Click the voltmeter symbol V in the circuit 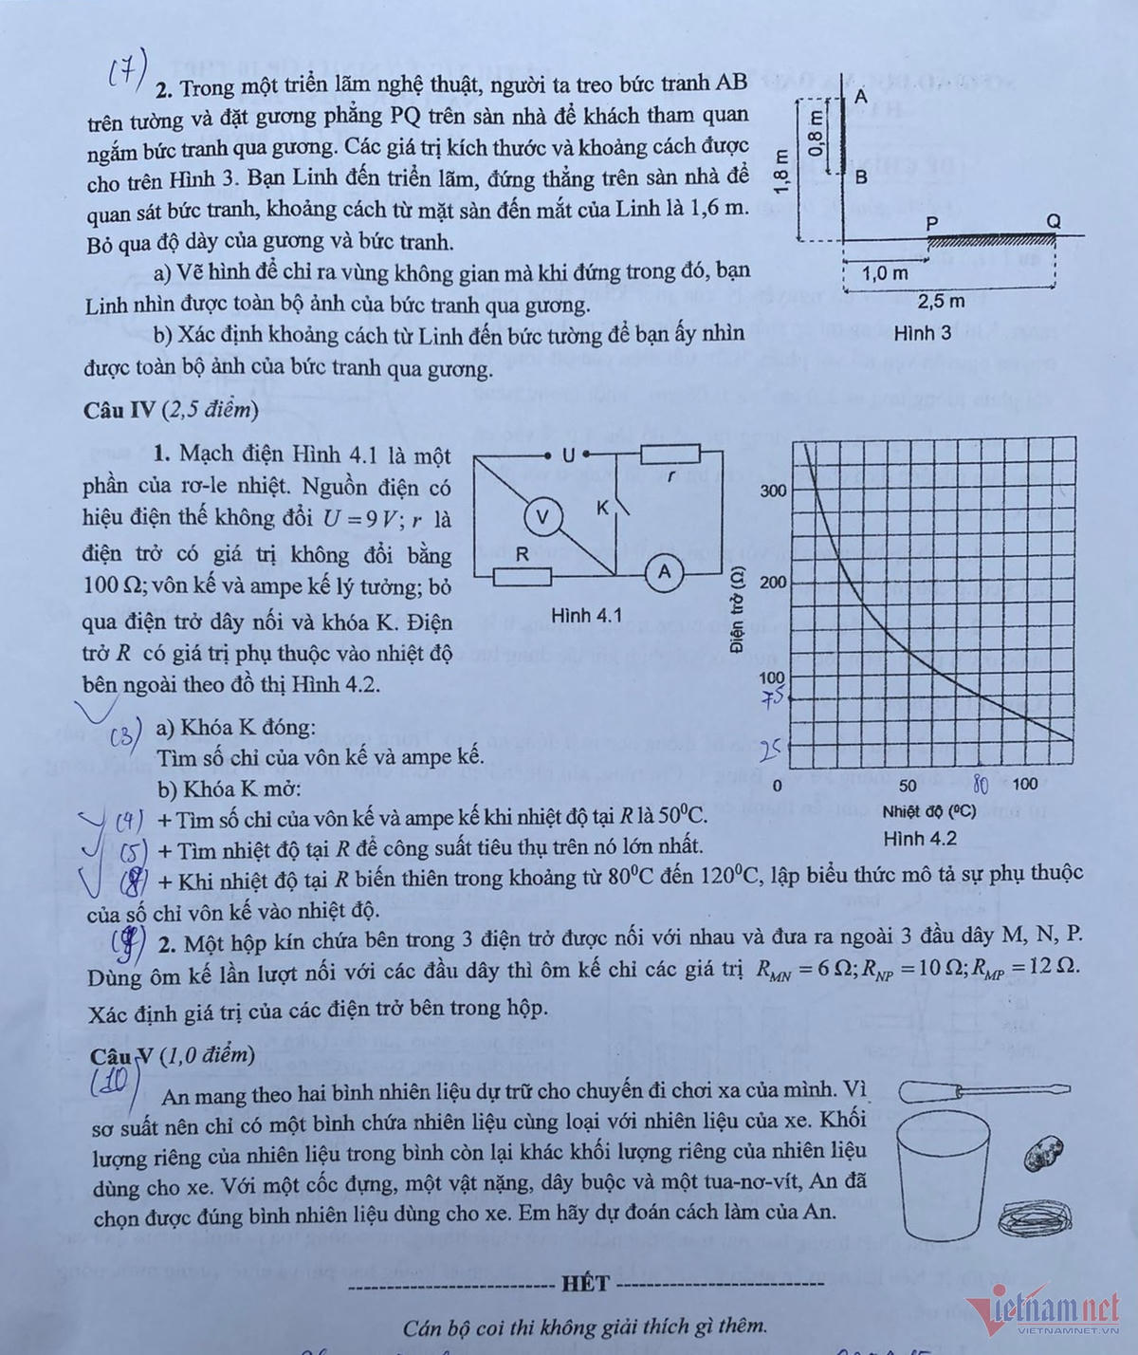click(x=542, y=516)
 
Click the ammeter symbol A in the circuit click(x=664, y=571)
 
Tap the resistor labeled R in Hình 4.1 click(x=521, y=575)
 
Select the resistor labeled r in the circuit click(x=670, y=455)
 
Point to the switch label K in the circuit click(x=602, y=509)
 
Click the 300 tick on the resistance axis click(x=773, y=491)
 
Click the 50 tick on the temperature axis click(x=908, y=785)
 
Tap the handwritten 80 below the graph click(x=982, y=786)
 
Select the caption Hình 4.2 click(x=919, y=838)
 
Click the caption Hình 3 click(x=922, y=333)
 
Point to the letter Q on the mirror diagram click(x=1054, y=220)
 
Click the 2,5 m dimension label click(x=942, y=302)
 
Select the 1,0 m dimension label click(x=884, y=273)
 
